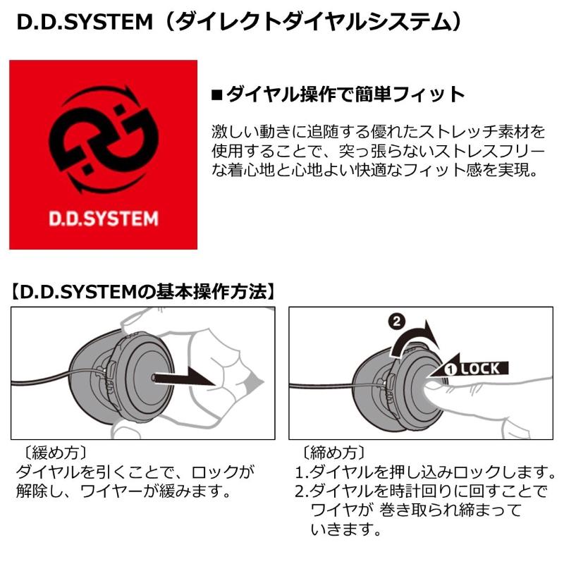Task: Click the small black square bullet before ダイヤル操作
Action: pyautogui.click(x=217, y=94)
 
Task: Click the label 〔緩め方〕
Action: pyautogui.click(x=51, y=452)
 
